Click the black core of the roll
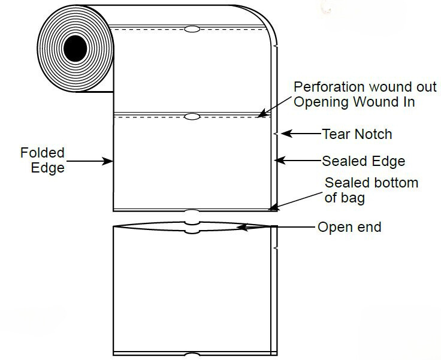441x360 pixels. (x=75, y=48)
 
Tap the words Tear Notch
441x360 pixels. (x=357, y=134)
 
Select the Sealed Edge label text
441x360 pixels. (x=363, y=161)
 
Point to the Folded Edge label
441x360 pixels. (x=41, y=161)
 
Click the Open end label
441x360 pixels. (x=349, y=227)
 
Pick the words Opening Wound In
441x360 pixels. (x=354, y=102)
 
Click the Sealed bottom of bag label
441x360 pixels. (x=371, y=189)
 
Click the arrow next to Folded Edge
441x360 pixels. (x=90, y=161)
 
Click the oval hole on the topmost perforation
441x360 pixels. (x=192, y=29)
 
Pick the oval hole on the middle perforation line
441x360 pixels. (x=192, y=116)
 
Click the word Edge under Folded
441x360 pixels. (x=48, y=168)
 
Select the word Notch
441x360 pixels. (x=373, y=134)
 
